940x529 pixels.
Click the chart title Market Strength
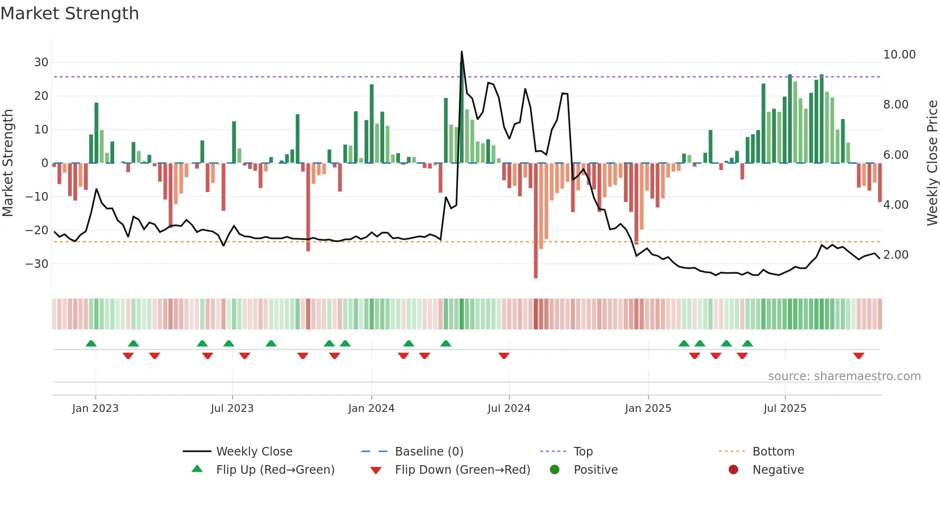pyautogui.click(x=70, y=13)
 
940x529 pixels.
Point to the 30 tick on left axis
pyautogui.click(x=41, y=62)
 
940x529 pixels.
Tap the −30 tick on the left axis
pyautogui.click(x=37, y=264)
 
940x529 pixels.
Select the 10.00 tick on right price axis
pyautogui.click(x=899, y=55)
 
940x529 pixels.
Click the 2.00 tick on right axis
pyautogui.click(x=895, y=255)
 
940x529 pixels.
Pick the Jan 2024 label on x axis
pyautogui.click(x=371, y=409)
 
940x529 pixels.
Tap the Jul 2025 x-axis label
pyautogui.click(x=785, y=409)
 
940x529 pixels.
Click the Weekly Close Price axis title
pyautogui.click(x=932, y=163)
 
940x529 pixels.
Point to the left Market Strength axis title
pyautogui.click(x=8, y=163)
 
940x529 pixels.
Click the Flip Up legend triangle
pyautogui.click(x=197, y=469)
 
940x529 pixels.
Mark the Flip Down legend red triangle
pyautogui.click(x=376, y=470)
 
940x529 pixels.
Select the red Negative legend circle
pyautogui.click(x=733, y=470)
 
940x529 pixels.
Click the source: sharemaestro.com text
pyautogui.click(x=844, y=376)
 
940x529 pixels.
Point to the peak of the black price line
pyautogui.click(x=461, y=52)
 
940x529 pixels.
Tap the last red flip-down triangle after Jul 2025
pyautogui.click(x=858, y=356)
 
